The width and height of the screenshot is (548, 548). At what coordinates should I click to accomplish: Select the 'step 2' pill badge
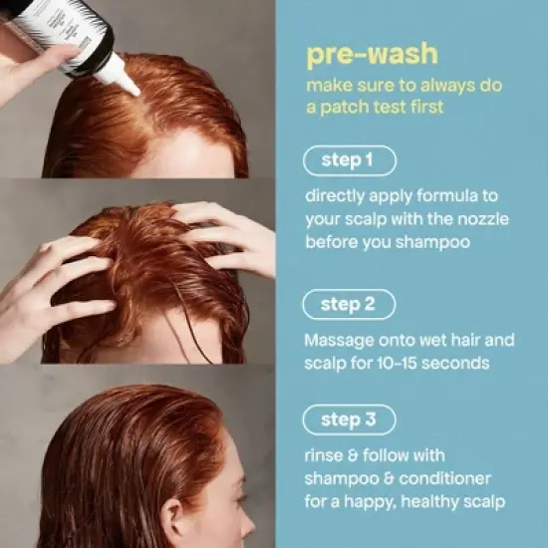(348, 304)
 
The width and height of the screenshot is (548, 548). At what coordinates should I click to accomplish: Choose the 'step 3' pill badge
(348, 420)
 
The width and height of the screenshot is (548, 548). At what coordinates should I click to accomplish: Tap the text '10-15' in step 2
(403, 364)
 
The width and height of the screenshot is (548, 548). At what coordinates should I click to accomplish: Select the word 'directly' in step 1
(337, 197)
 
